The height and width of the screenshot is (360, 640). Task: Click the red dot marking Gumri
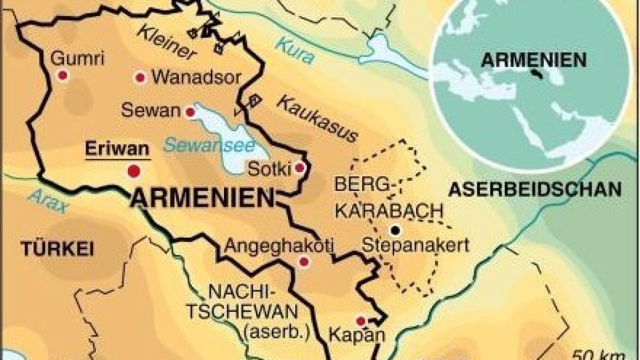(x=63, y=76)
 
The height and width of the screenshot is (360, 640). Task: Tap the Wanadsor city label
(x=196, y=77)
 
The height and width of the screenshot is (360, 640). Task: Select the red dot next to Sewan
(x=189, y=113)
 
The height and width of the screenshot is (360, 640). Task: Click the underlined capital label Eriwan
(x=117, y=149)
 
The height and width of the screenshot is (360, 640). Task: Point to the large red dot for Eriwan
(x=133, y=171)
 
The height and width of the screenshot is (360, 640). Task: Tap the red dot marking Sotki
(x=300, y=169)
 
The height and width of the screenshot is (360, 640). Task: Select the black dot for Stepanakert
(x=395, y=230)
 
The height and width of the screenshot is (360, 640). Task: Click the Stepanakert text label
(x=415, y=246)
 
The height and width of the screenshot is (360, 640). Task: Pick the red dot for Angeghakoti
(x=304, y=261)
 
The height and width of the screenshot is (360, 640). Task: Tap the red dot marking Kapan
(x=361, y=321)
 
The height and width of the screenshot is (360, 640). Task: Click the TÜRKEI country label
(x=58, y=248)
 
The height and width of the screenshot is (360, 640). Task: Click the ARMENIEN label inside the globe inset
(x=533, y=60)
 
